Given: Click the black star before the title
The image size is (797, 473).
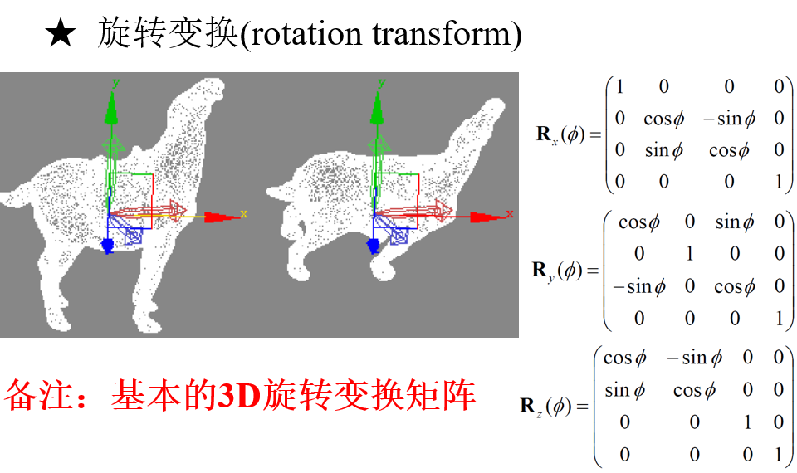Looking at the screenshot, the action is (61, 33).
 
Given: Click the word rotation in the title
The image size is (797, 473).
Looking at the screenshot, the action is (304, 34).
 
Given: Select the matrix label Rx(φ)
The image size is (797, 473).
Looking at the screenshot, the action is (569, 134).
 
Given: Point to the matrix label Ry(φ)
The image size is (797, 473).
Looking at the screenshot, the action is (565, 271).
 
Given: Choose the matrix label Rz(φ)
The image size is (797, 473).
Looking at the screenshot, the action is (554, 407).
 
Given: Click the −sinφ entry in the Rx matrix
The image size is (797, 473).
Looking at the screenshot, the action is (729, 119).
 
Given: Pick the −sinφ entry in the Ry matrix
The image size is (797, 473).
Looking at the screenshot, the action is (639, 287).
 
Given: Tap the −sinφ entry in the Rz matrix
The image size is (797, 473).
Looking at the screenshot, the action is (694, 358).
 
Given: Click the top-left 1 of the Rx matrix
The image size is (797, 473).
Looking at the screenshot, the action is (619, 86).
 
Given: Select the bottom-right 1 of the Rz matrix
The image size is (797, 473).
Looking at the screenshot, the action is (778, 454).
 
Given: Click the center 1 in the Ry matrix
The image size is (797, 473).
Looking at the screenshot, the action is (689, 253).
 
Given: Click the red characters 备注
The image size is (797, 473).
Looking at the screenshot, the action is (38, 395).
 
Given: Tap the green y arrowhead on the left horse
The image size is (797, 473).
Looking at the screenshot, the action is (111, 107).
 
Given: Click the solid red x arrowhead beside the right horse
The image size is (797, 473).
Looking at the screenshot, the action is (486, 217).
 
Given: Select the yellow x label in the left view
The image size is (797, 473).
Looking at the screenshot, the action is (244, 214).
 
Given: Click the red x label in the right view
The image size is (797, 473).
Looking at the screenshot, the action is (509, 214).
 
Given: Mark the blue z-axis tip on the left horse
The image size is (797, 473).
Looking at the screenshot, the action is (108, 246).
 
